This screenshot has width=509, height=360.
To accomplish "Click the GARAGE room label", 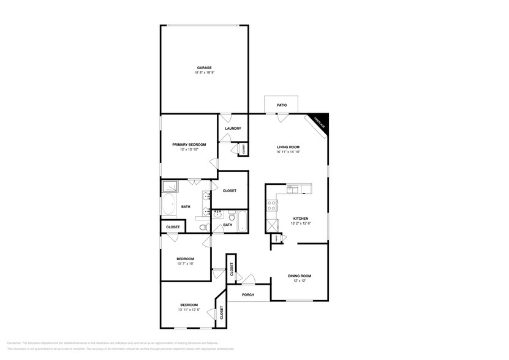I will click(x=204, y=67).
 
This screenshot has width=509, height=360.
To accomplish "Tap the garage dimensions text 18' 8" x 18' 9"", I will click(x=204, y=73).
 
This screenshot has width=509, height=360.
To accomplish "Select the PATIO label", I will click(x=282, y=105).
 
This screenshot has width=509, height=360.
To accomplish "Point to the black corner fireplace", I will click(x=322, y=121).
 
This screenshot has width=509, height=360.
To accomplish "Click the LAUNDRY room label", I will click(x=233, y=129).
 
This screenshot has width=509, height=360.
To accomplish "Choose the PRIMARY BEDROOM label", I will click(x=189, y=144).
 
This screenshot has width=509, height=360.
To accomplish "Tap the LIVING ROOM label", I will click(x=287, y=147).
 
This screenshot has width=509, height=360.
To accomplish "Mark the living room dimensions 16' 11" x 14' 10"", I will click(x=287, y=152).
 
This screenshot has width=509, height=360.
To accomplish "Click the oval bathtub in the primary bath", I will click(x=169, y=206).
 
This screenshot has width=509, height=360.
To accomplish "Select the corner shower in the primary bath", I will click(x=169, y=187).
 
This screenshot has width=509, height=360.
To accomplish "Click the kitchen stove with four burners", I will click(x=270, y=206).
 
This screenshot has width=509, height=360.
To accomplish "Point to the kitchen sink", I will click(x=293, y=189).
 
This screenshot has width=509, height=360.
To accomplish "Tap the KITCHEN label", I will click(x=300, y=219).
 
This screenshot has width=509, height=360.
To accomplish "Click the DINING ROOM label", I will click(x=300, y=276).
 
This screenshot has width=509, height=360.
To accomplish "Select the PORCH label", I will click(x=248, y=294).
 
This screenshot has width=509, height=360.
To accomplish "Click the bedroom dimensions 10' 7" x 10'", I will click(x=185, y=264).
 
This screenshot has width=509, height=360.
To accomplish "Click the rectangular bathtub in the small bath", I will click(x=240, y=220).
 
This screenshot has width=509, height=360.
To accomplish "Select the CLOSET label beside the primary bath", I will click(x=230, y=190).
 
